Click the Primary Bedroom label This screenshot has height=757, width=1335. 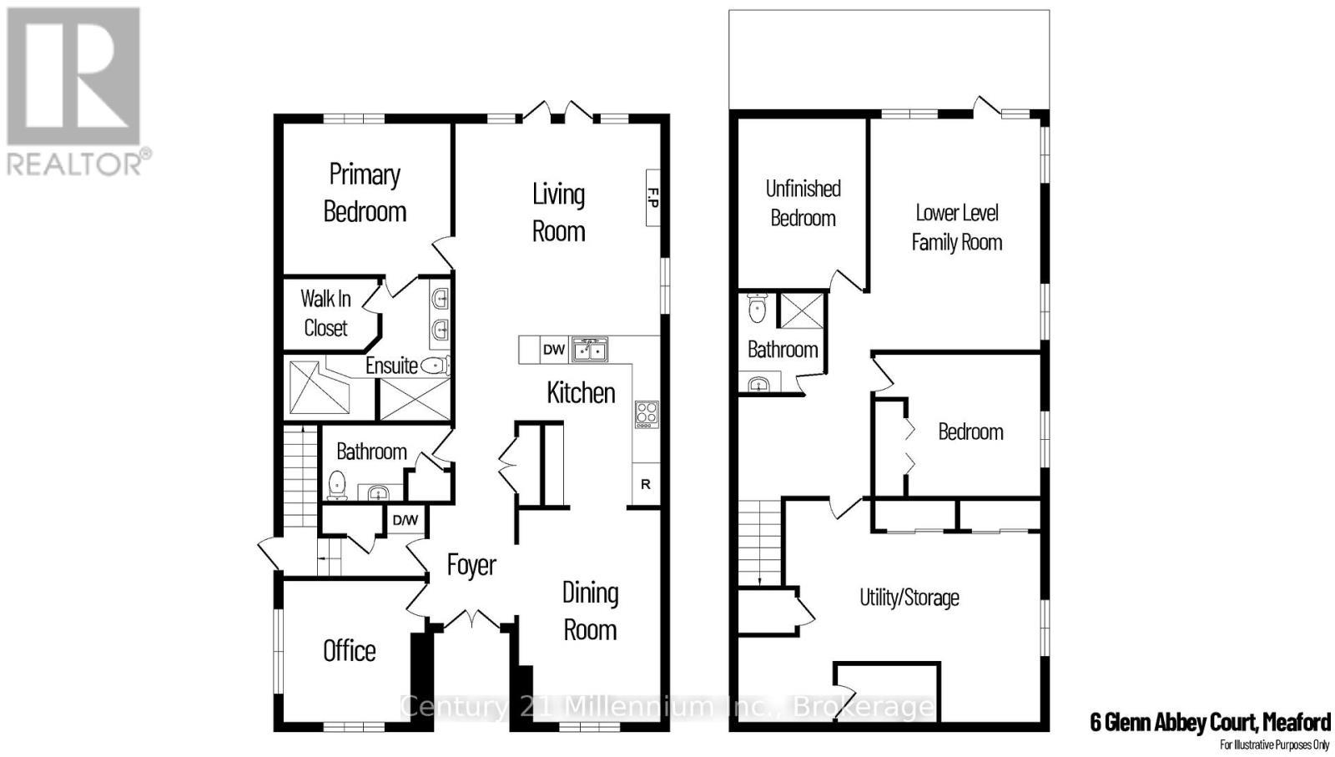click(365, 193)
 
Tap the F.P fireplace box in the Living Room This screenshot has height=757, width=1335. click(653, 198)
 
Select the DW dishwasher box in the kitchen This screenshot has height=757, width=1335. click(554, 350)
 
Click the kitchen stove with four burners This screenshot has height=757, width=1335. click(647, 414)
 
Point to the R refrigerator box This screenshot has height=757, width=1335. click(646, 484)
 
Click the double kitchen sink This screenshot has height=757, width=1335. click(590, 350)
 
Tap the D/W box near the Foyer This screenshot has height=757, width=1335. click(406, 520)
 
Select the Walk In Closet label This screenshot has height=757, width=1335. click(325, 313)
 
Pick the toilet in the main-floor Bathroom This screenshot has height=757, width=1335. click(337, 485)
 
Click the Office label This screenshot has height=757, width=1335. click(350, 651)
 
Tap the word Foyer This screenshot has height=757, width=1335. click(471, 565)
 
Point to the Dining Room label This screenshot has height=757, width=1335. click(590, 611)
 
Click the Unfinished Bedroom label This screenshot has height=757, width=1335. click(803, 203)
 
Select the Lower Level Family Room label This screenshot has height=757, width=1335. click(957, 227)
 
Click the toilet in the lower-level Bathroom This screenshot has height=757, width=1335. click(758, 309)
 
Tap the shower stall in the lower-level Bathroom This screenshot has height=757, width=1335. click(801, 310)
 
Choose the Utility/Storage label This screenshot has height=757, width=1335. click(909, 598)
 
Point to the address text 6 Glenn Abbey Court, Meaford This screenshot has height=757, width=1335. click(1210, 721)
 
